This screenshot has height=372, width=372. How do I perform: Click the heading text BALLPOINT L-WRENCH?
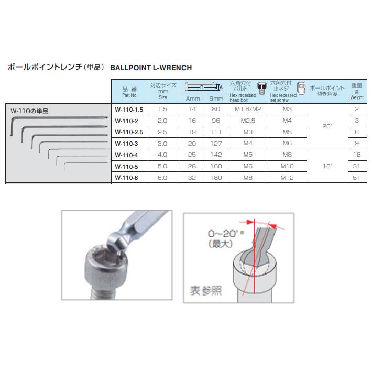[151, 68]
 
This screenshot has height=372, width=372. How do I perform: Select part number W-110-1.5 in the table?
[129, 109]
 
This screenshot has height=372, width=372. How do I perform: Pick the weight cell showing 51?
[357, 178]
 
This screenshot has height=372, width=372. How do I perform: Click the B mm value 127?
[216, 143]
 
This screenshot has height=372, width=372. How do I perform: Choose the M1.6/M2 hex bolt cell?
[247, 109]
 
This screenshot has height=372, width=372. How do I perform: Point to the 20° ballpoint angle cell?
[327, 126]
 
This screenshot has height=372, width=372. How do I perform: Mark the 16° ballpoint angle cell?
[327, 166]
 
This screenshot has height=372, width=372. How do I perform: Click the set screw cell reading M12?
[286, 178]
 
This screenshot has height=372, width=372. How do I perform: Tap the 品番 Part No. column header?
[129, 92]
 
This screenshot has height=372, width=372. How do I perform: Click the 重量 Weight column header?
[357, 91]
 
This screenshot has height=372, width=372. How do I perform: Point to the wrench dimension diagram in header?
[203, 87]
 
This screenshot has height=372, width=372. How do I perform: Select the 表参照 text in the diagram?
[205, 290]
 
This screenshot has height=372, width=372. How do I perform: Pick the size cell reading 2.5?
[162, 132]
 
